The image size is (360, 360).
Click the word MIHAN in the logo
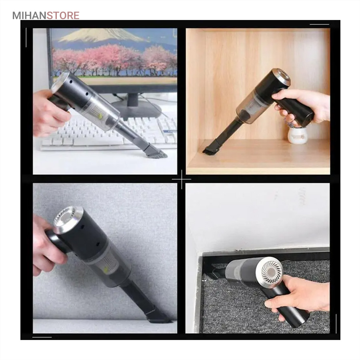pos(29,16)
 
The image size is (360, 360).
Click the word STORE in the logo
pos(63,16)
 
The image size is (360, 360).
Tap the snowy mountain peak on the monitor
pos(101,35)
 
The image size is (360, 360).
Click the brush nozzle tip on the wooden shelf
pos(209,149)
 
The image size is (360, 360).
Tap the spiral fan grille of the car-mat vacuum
pos(271,272)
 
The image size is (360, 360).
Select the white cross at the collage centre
pos(182,179)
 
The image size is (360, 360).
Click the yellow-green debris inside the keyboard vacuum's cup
pos(100,116)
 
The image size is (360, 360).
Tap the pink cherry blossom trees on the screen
pos(115,60)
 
